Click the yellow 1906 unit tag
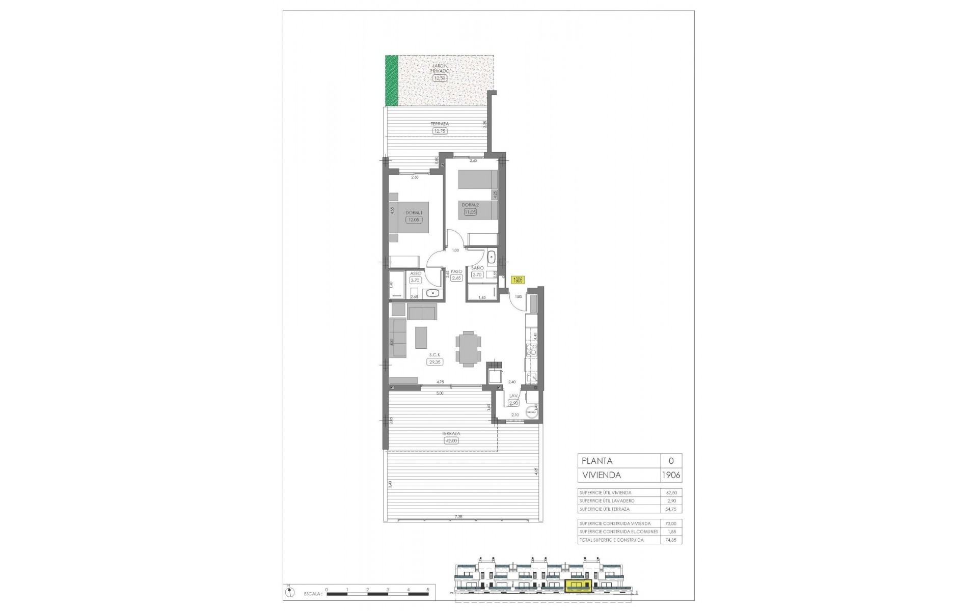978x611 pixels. point(518,280)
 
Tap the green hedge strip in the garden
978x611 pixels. point(391,80)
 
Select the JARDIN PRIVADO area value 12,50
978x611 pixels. point(439,78)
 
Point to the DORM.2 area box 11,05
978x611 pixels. point(470,212)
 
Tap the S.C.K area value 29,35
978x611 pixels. point(435,362)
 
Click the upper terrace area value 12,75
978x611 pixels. point(439,131)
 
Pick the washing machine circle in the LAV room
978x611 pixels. point(532,412)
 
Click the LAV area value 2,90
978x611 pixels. point(513,403)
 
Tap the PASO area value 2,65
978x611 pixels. point(456,278)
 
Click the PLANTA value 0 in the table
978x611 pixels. point(671,461)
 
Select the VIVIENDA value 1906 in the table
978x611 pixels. point(671,475)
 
